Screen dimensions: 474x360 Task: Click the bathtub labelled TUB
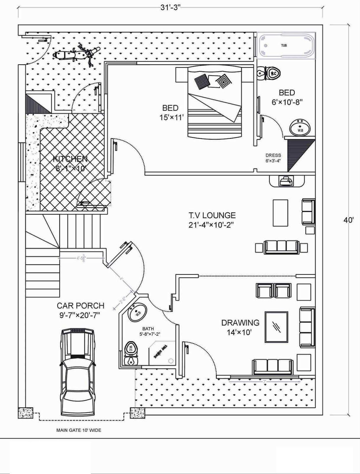(x=286, y=46)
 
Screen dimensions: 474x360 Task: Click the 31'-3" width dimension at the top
(x=171, y=8)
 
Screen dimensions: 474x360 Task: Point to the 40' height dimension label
(x=348, y=220)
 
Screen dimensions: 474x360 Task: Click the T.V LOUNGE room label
(x=212, y=220)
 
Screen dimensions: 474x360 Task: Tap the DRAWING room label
(x=240, y=327)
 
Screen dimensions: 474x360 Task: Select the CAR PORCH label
(x=80, y=310)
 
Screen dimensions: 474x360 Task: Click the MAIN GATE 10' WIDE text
(x=79, y=430)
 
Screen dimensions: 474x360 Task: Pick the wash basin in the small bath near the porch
(x=137, y=313)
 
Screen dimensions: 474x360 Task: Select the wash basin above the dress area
(x=300, y=128)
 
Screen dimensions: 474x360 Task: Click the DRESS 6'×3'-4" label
(x=273, y=158)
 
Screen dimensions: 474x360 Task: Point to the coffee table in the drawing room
(x=277, y=327)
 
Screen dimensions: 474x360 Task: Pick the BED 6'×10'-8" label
(x=287, y=97)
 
